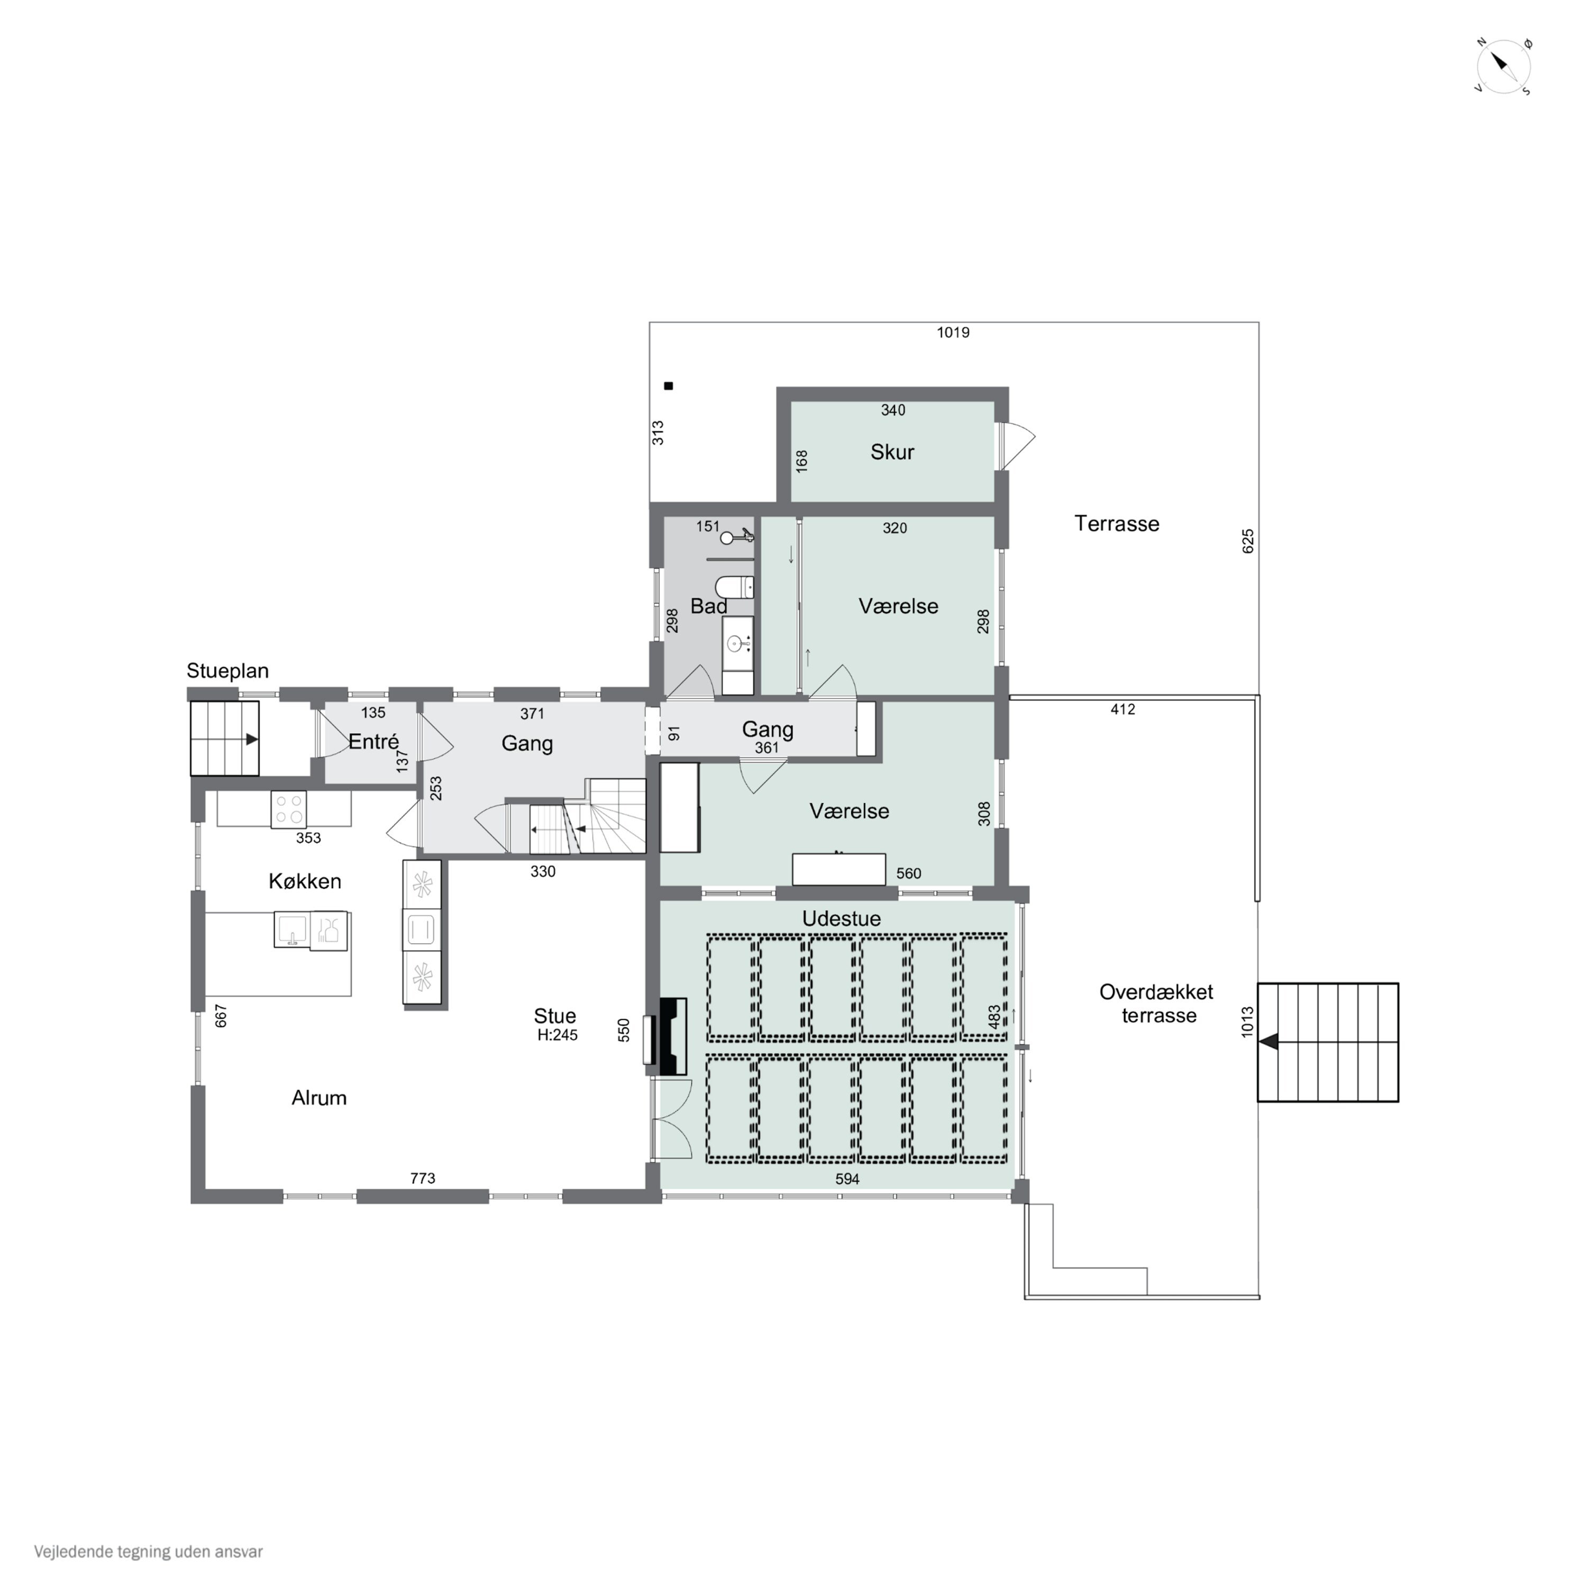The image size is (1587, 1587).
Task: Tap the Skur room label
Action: click(892, 452)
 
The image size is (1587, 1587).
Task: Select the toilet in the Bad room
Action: click(734, 587)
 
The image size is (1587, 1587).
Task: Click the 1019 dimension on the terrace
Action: click(953, 333)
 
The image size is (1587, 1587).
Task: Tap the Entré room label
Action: click(374, 741)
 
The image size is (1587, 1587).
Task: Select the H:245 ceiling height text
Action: click(558, 1035)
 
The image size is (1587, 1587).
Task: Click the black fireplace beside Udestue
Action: click(673, 1036)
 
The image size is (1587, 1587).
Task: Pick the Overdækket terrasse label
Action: click(1157, 1003)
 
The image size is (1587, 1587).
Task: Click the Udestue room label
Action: click(841, 918)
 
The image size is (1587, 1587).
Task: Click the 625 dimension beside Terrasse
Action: click(1248, 541)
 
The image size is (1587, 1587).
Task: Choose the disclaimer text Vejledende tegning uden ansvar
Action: click(149, 1552)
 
